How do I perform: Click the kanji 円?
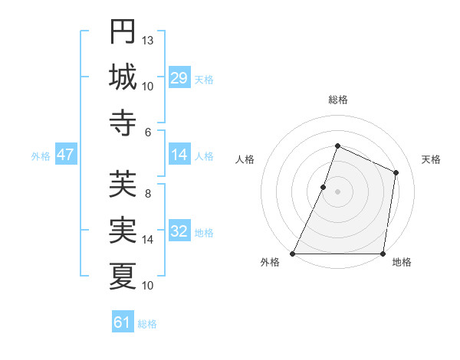pyautogui.click(x=123, y=31)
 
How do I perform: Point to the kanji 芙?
pyautogui.click(x=123, y=185)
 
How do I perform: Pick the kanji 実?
pyautogui.click(x=123, y=229)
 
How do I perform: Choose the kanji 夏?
pyautogui.click(x=123, y=274)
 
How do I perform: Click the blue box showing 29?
pyautogui.click(x=179, y=77)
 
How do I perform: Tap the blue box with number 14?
pyautogui.click(x=179, y=155)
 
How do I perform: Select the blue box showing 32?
pyautogui.click(x=179, y=231)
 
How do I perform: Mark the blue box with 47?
pyautogui.click(x=65, y=155)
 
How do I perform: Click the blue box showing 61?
pyautogui.click(x=122, y=322)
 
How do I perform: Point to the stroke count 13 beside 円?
pyautogui.click(x=148, y=40)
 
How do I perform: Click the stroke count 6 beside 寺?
pyautogui.click(x=148, y=132)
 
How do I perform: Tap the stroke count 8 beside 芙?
pyautogui.click(x=148, y=194)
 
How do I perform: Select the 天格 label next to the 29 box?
pyautogui.click(x=204, y=79)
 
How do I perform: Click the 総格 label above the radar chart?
pyautogui.click(x=337, y=100)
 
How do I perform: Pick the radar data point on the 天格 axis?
pyautogui.click(x=396, y=172)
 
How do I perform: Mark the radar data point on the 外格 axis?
pyautogui.click(x=293, y=254)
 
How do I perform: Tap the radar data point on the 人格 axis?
pyautogui.click(x=324, y=187)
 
